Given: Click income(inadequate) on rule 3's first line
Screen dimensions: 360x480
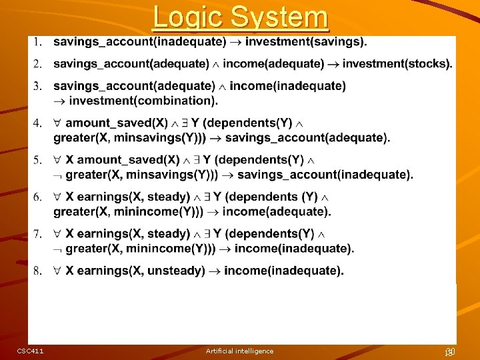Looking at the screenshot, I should [x=287, y=86].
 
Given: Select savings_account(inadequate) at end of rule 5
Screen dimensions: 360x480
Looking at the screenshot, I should [x=325, y=175].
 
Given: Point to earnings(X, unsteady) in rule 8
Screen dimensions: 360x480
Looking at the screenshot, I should [x=135, y=271].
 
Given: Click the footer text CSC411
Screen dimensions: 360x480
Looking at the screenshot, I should [x=30, y=351].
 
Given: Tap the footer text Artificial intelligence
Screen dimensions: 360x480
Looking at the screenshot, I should [x=239, y=351].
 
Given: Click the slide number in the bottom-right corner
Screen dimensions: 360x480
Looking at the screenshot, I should [x=449, y=351].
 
